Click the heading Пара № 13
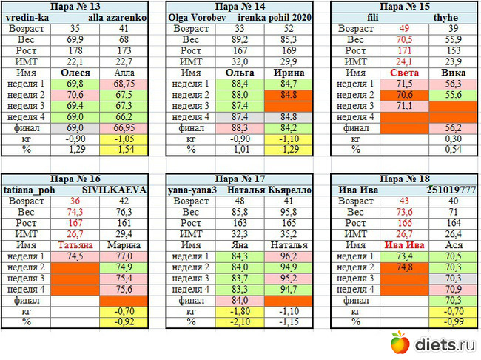(x=77, y=6)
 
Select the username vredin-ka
(x=27, y=16)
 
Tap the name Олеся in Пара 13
(x=75, y=73)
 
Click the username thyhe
(x=445, y=16)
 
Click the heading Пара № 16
(x=77, y=179)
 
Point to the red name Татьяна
(x=75, y=244)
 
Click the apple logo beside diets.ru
(x=400, y=343)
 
